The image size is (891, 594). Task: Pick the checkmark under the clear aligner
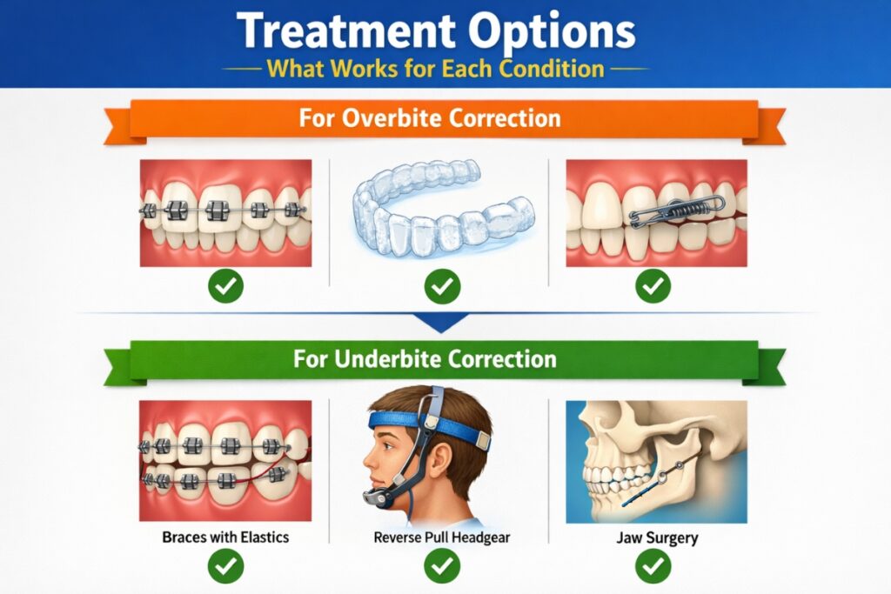point(442,286)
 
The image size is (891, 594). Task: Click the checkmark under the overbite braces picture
point(226,286)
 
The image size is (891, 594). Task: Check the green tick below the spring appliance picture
point(653,286)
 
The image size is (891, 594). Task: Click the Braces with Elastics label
point(225,537)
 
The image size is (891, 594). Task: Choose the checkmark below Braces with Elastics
point(226,568)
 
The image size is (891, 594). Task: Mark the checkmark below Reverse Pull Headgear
point(442,568)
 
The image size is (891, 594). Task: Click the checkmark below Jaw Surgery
point(653,568)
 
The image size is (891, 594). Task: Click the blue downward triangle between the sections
point(445,323)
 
